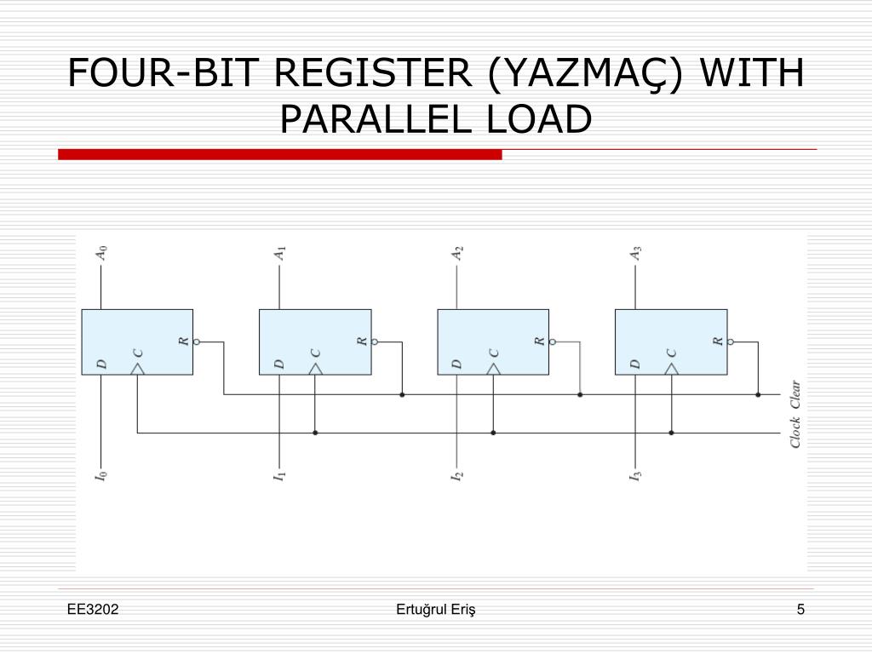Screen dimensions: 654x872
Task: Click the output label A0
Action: click(x=101, y=253)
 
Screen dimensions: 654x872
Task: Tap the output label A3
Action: click(x=635, y=253)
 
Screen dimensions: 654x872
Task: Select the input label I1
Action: click(x=278, y=474)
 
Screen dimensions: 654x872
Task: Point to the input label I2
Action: click(x=457, y=474)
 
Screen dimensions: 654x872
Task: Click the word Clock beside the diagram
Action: click(x=795, y=431)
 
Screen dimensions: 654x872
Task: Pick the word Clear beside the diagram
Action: click(x=795, y=396)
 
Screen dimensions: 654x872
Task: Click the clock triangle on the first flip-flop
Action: click(x=137, y=369)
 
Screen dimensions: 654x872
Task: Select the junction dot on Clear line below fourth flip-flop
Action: click(x=758, y=395)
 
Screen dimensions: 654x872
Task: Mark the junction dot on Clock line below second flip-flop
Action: click(x=315, y=433)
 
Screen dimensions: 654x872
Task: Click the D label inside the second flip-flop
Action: click(x=278, y=364)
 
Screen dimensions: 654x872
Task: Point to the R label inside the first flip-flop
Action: click(x=183, y=341)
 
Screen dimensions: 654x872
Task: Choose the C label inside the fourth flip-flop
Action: click(x=671, y=353)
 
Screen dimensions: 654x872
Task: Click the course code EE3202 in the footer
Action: click(x=94, y=609)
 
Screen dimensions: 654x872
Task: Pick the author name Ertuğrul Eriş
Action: click(x=436, y=609)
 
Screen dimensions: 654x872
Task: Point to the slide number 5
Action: click(x=800, y=609)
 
